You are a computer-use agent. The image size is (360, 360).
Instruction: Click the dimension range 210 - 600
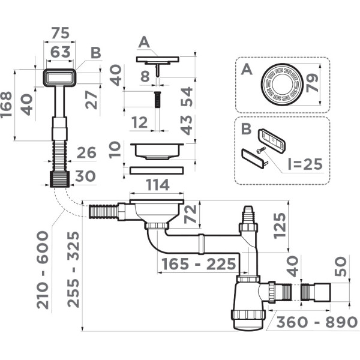pos(43,270)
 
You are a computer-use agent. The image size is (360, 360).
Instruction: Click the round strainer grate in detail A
pos(280,85)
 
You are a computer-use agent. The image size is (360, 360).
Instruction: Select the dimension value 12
pos(140,123)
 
